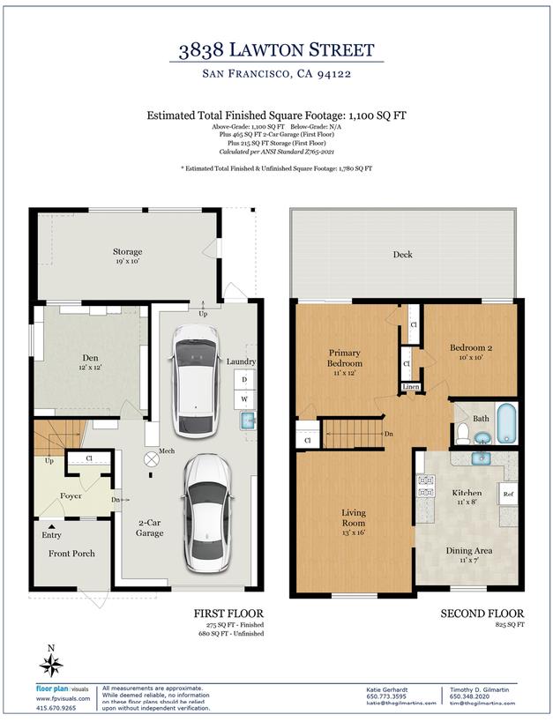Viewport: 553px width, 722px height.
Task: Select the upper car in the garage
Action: coord(193,380)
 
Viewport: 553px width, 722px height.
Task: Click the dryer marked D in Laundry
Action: coord(244,380)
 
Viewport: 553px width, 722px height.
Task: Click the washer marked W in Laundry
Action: coord(244,398)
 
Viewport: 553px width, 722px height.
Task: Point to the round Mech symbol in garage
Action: coord(150,458)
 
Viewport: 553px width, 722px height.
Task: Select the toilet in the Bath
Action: coord(461,431)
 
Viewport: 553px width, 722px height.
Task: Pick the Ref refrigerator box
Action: coord(508,495)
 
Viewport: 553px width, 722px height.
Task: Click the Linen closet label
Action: coord(410,386)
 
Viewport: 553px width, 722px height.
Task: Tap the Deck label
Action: coord(402,255)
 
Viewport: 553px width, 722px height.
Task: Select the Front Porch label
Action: coord(71,554)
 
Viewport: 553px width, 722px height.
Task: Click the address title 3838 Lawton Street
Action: coord(276,50)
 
